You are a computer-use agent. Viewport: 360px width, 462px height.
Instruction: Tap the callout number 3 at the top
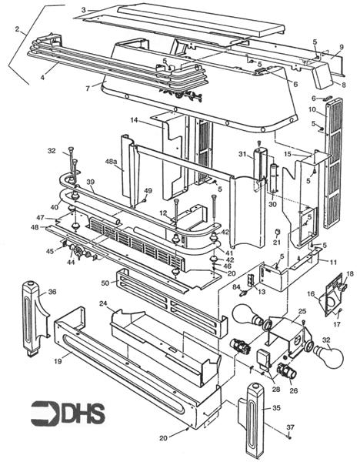[83, 8]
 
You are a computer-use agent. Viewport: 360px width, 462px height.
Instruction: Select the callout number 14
[133, 121]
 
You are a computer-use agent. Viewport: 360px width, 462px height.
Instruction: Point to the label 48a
[112, 163]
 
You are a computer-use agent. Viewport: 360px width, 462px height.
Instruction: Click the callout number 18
[349, 274]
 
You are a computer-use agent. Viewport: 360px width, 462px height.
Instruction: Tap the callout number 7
[88, 89]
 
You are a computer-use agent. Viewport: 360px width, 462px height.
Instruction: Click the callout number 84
[237, 286]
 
